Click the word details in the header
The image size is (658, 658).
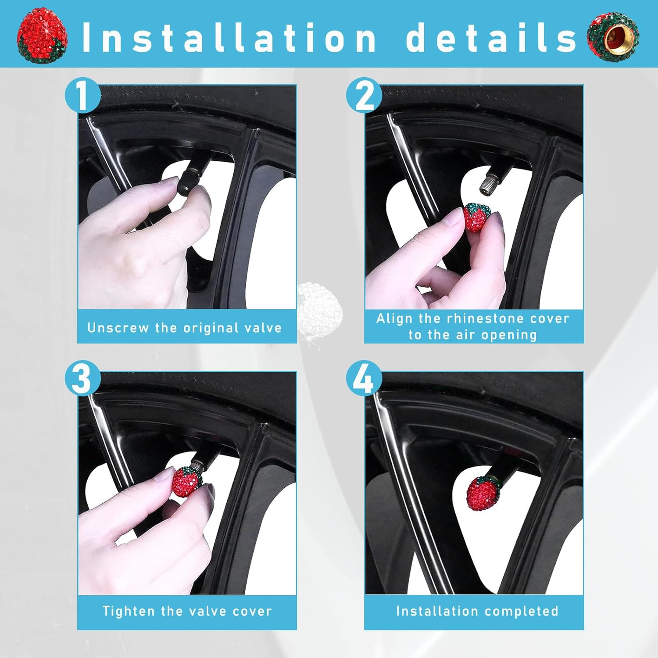[x=491, y=38]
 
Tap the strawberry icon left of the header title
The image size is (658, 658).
[x=42, y=35]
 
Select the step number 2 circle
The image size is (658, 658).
[x=364, y=95]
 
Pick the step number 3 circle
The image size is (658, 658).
[x=82, y=379]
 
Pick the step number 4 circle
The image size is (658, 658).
[x=364, y=379]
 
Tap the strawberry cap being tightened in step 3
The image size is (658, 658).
[x=186, y=481]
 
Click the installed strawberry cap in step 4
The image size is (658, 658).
[x=483, y=493]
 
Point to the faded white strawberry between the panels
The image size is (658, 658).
[x=319, y=307]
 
